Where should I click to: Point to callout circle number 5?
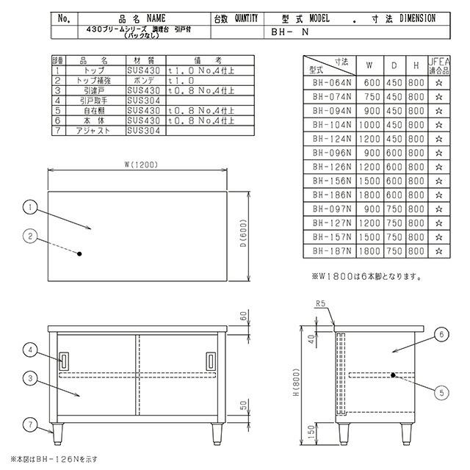(x=439, y=391)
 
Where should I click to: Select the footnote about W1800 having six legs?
(x=365, y=277)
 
